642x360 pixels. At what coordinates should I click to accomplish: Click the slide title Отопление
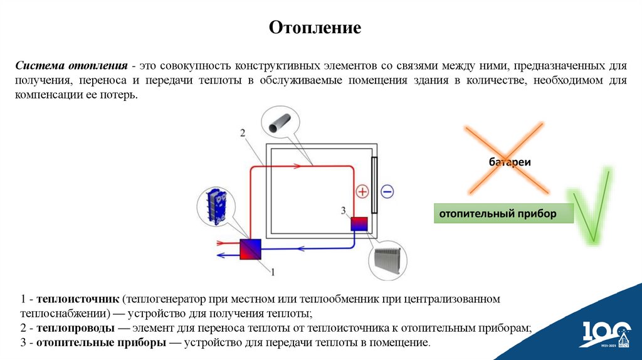315,28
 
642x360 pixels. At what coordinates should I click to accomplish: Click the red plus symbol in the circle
362,191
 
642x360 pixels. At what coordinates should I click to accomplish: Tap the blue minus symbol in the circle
387,191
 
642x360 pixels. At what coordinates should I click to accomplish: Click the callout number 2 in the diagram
243,132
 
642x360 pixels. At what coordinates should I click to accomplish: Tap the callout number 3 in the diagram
343,209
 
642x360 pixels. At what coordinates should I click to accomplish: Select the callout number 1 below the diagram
272,271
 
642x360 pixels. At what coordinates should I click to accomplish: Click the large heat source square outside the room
250,248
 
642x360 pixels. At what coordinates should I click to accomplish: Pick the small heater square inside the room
359,225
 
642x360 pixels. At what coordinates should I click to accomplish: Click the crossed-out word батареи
510,162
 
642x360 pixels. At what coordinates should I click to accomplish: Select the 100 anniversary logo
605,334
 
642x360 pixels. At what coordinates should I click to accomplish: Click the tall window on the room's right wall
374,186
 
